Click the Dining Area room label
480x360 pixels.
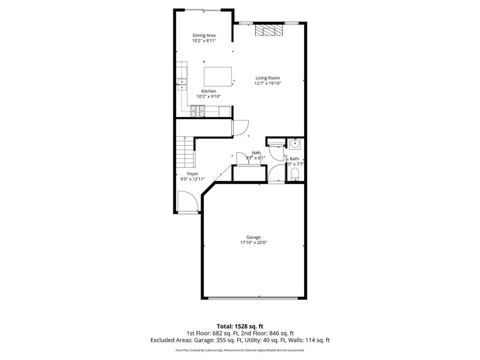coord(204,35)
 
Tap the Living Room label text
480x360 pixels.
coord(267,78)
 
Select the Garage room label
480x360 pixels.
coord(254,237)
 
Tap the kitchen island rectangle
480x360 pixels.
coord(218,76)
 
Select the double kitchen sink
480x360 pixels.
coord(182,84)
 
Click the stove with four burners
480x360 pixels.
coord(197,111)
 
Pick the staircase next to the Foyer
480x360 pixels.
coord(186,152)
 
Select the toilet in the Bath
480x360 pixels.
coord(295,175)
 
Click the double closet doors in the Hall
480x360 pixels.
coord(244,158)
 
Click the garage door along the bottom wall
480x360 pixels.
coord(253,298)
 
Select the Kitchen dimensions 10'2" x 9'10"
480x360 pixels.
coord(209,96)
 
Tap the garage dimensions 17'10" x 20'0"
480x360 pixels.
coord(254,242)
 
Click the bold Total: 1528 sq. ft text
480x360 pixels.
coord(240,326)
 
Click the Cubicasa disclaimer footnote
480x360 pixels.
coord(240,350)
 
